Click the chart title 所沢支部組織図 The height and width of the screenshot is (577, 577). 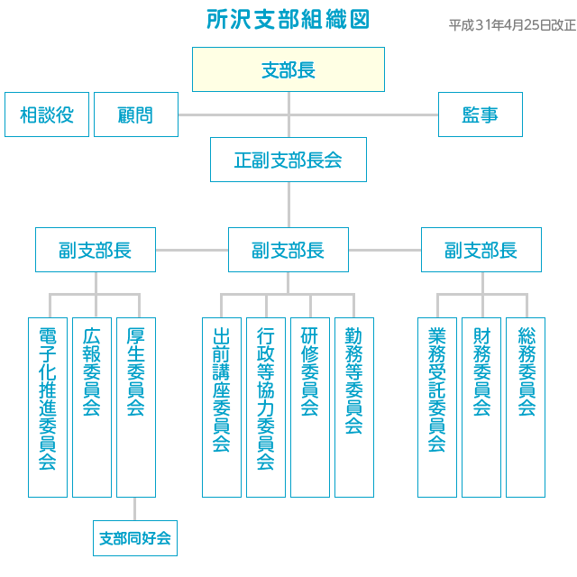(x=288, y=19)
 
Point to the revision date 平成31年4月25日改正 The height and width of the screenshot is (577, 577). (x=512, y=25)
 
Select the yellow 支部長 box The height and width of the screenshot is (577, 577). (x=288, y=69)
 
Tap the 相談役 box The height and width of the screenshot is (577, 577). (x=47, y=114)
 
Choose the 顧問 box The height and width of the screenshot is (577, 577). (x=136, y=114)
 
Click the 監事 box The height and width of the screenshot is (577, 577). (x=481, y=114)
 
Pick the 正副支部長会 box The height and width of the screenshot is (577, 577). (x=288, y=160)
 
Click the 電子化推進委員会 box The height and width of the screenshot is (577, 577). (x=48, y=408)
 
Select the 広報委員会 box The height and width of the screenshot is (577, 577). (x=92, y=408)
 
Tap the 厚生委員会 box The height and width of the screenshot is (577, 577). (x=136, y=408)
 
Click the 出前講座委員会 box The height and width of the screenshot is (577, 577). (x=222, y=408)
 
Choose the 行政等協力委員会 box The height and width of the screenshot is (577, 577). (x=266, y=408)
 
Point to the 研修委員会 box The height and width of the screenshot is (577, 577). (x=310, y=408)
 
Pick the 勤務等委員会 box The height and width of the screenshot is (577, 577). (x=354, y=408)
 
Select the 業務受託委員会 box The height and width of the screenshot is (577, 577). (x=437, y=408)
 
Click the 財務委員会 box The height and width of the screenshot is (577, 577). (x=481, y=408)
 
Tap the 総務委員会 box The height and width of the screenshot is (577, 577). (x=526, y=408)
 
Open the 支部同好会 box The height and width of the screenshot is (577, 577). (x=135, y=538)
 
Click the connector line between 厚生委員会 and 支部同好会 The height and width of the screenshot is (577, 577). (x=134, y=508)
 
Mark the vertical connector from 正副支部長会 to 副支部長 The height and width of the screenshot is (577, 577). (x=288, y=205)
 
